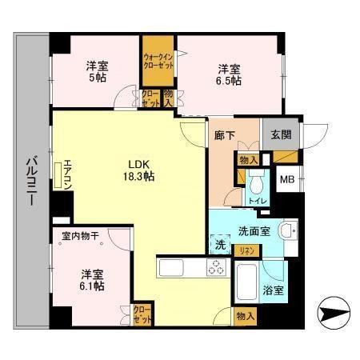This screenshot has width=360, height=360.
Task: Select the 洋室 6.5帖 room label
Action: point(229,76)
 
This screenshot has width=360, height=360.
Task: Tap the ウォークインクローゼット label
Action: point(158,62)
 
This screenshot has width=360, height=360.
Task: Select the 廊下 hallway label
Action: point(225,135)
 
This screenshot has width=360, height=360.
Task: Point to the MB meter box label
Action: point(286,179)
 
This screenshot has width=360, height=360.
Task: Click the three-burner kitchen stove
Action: point(216,268)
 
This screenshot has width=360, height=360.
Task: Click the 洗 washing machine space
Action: point(222,245)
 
